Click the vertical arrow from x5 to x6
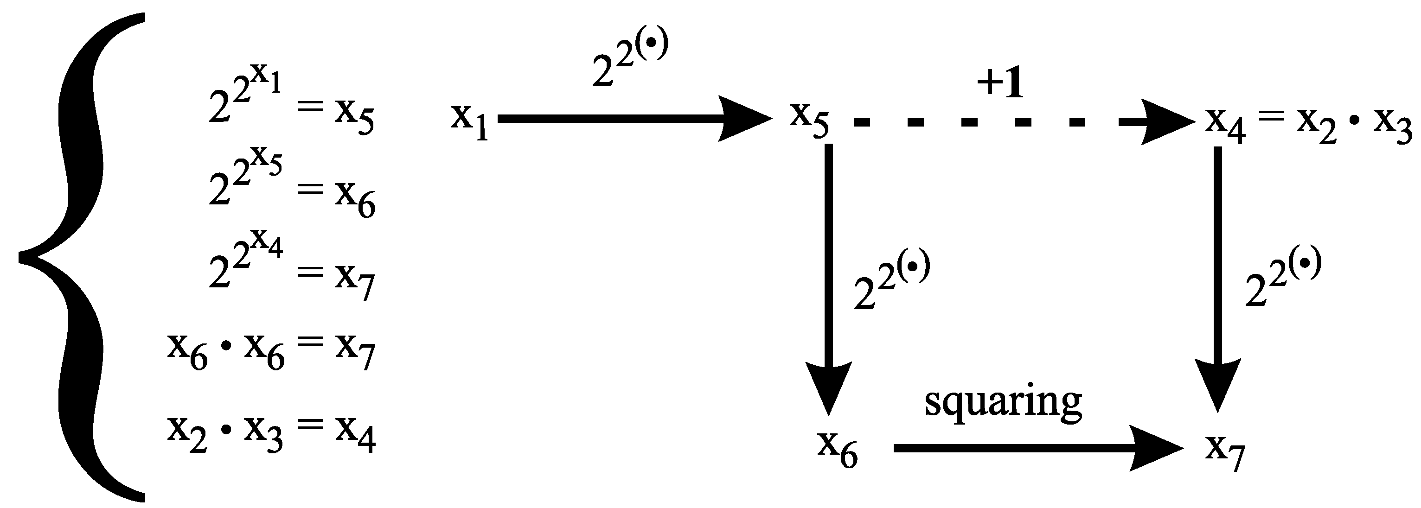[829, 276]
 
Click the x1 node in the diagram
[469, 121]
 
